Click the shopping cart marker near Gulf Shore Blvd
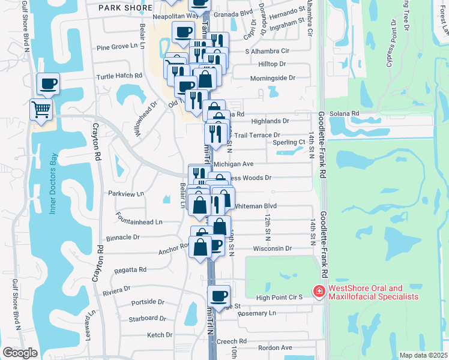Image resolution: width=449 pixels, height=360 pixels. tap(41, 110)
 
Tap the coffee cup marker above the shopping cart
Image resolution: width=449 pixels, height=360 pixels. tap(47, 83)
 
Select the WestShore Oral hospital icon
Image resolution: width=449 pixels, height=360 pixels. tap(318, 292)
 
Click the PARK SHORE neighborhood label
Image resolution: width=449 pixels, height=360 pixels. tap(122, 7)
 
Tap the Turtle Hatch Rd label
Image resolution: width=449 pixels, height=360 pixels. tap(119, 76)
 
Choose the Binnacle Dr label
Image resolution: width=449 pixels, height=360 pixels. tap(122, 237)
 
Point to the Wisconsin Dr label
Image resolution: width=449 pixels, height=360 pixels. tap(272, 248)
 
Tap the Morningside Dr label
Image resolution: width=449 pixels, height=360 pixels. tap(273, 78)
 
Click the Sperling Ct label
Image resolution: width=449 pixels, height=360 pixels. tap(289, 142)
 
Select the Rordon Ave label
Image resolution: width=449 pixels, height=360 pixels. tap(275, 347)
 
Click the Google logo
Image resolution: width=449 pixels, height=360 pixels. tap(20, 353)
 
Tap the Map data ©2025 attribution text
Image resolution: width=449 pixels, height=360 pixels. tap(423, 355)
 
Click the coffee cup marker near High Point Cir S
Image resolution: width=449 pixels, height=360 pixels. tap(219, 295)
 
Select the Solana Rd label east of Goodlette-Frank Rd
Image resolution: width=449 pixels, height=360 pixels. tap(346, 113)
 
